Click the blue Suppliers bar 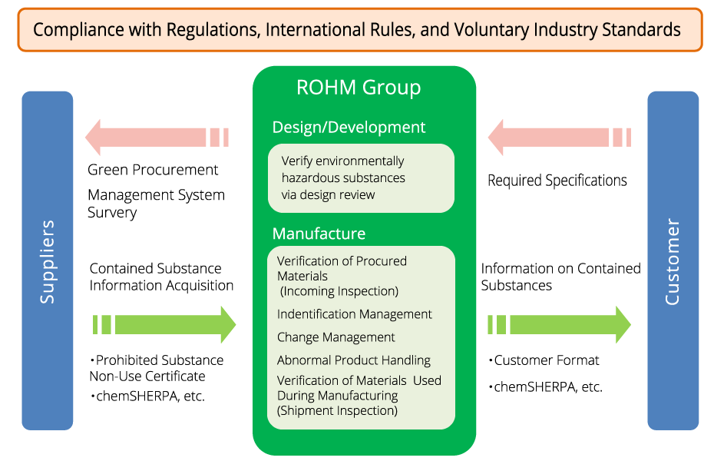tap(48, 261)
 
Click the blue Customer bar tap(673, 261)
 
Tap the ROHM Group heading tap(359, 88)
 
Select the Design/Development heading tap(349, 128)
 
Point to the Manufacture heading tap(319, 233)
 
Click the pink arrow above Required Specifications tap(559, 138)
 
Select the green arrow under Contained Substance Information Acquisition tap(164, 324)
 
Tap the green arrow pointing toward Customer tap(560, 324)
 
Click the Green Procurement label tap(153, 170)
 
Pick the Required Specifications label tap(557, 181)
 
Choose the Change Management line tap(336, 337)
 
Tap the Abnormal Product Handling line tap(354, 360)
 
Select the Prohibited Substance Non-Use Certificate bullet tap(157, 368)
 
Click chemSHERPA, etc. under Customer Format tap(546, 386)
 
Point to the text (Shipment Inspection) tap(337, 410)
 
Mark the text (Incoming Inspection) tap(339, 291)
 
